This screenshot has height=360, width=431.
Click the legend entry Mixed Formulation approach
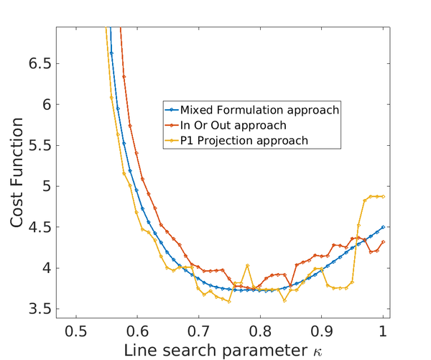pos(259,111)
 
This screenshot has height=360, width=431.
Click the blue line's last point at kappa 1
pos(384,227)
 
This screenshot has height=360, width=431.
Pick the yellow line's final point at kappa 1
pos(384,196)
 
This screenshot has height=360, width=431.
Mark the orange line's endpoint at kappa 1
pos(384,241)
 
